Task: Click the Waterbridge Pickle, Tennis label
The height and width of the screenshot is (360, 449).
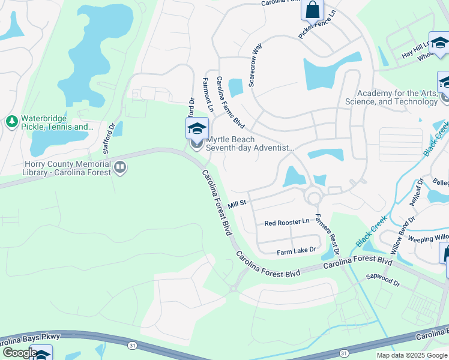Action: [x=57, y=122]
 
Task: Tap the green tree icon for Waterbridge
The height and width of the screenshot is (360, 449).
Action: [x=11, y=122]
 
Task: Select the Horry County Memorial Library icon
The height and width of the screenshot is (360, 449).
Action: [x=120, y=167]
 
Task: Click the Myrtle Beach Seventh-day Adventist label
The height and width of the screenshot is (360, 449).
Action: [x=250, y=143]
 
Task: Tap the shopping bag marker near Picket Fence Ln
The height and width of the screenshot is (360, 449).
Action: [x=312, y=10]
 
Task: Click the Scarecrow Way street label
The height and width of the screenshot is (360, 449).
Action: [x=255, y=64]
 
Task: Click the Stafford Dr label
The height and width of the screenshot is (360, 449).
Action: [x=109, y=138]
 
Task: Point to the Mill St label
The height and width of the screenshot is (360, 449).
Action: [x=237, y=204]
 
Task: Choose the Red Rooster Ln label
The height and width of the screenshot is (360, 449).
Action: [x=287, y=222]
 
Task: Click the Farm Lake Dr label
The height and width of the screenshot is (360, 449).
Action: [x=296, y=250]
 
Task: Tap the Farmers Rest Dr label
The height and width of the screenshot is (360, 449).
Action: [x=327, y=234]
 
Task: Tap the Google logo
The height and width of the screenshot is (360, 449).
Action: [x=19, y=353]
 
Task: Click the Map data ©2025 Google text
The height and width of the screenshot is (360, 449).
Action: [x=411, y=355]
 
